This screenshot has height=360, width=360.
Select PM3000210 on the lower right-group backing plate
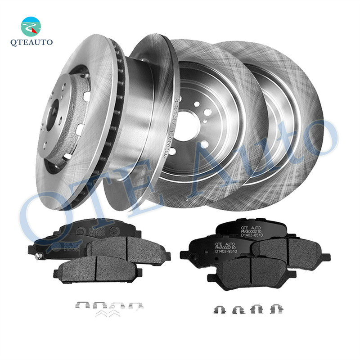tap(226, 247)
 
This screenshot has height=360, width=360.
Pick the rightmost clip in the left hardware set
tap(134, 306)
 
